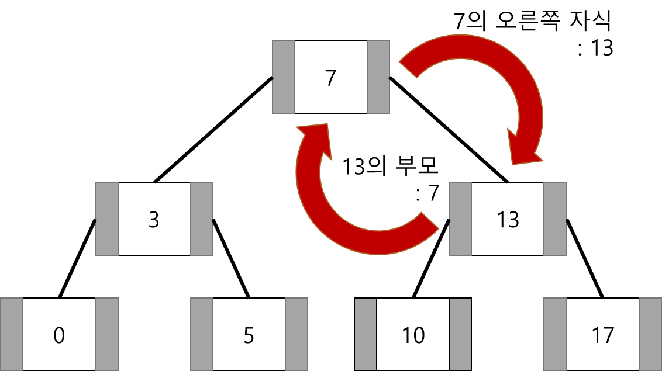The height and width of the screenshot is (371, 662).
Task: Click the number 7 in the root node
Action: tap(330, 78)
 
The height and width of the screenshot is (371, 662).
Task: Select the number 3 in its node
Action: tap(154, 220)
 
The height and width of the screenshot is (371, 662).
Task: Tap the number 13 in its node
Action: tap(507, 220)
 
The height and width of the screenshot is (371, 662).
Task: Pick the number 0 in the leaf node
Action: tap(59, 335)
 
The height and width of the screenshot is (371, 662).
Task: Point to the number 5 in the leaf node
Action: tap(249, 335)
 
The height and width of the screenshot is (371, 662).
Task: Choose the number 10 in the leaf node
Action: tap(413, 335)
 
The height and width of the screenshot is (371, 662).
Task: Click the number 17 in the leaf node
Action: tap(602, 335)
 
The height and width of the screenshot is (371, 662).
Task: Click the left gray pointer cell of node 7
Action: tap(284, 77)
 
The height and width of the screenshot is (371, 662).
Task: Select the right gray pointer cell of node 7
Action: tap(378, 77)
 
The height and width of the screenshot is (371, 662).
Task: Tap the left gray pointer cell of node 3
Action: tap(107, 219)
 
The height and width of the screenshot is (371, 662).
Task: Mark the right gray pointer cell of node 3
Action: tap(202, 219)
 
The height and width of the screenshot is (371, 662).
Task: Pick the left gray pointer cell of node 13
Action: tap(460, 219)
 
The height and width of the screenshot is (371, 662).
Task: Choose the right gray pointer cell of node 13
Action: tap(555, 219)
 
